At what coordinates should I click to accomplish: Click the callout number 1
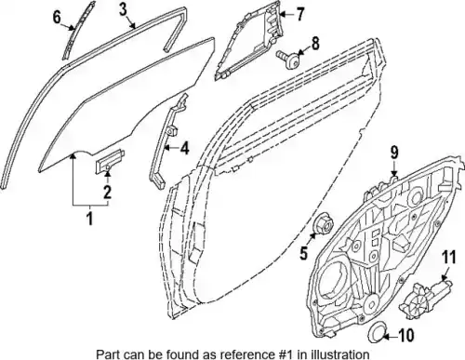(89, 219)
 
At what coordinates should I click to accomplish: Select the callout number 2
(107, 193)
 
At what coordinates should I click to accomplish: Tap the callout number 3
(124, 9)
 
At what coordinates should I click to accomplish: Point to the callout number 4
(184, 148)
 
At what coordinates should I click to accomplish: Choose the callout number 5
(303, 253)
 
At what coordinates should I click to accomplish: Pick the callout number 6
(57, 17)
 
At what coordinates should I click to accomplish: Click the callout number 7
(299, 15)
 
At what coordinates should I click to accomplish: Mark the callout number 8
(315, 44)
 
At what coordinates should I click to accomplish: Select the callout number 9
(394, 153)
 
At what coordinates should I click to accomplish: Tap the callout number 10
(405, 336)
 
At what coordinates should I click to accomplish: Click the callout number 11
(449, 258)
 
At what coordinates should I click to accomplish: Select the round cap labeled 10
(377, 333)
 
